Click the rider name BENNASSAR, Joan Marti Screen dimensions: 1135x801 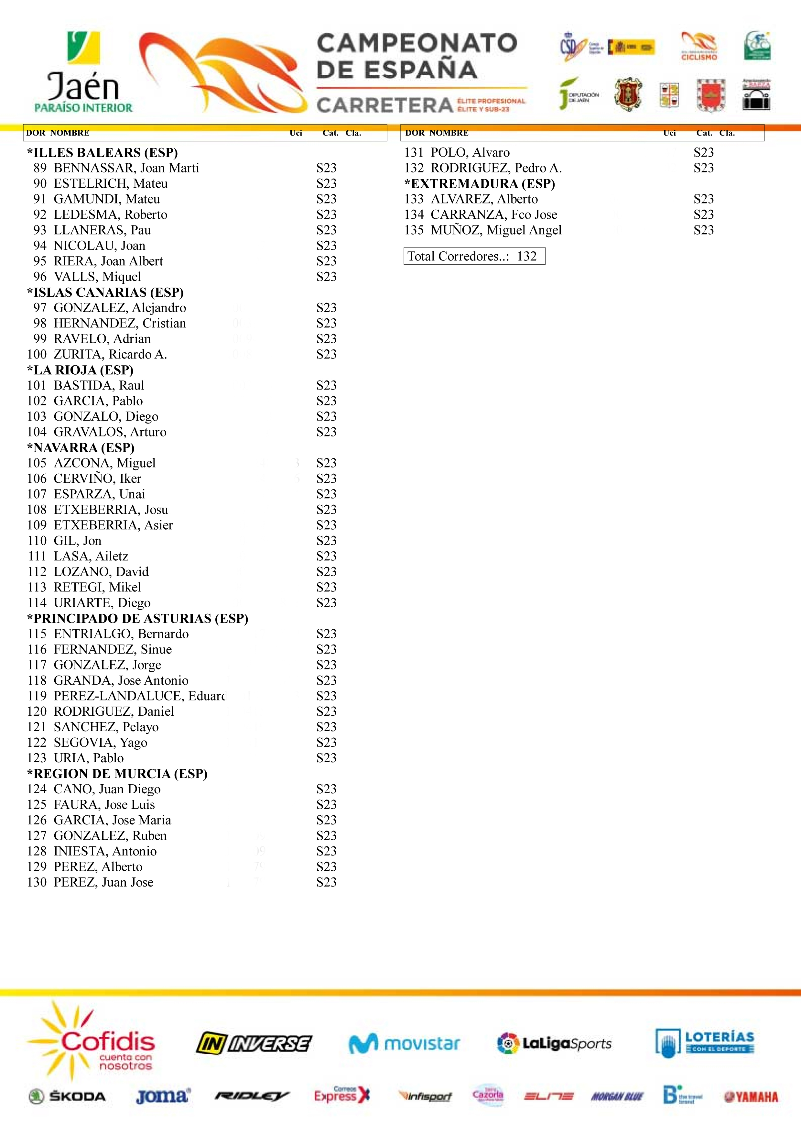(126, 168)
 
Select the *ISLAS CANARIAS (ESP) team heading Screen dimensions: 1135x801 (105, 292)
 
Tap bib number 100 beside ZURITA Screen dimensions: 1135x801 (37, 354)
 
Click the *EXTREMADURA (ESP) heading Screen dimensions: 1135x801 (479, 184)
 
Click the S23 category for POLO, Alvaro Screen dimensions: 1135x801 (703, 152)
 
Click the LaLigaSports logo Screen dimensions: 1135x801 (554, 1043)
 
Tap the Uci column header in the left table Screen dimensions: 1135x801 (296, 133)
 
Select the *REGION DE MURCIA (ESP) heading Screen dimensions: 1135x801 (117, 774)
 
